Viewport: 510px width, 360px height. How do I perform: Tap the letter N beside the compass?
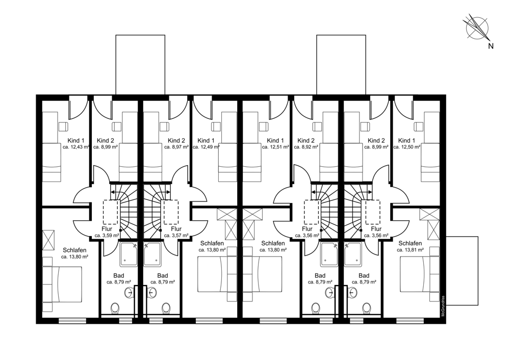point(491,46)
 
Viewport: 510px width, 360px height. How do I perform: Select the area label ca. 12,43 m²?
point(76,147)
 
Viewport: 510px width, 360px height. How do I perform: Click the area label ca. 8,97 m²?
point(176,147)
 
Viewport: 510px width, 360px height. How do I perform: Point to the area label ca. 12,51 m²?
point(275,147)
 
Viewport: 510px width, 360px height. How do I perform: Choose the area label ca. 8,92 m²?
point(305,147)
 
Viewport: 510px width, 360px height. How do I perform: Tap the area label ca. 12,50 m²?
point(407,147)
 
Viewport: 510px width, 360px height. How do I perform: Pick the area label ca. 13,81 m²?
point(410,250)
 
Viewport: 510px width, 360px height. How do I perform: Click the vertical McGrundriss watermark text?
point(443,307)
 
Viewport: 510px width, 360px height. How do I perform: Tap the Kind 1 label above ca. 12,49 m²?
point(206,141)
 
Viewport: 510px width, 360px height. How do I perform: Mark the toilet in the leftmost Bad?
point(115,308)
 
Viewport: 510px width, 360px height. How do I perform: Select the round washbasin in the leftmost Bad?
point(130,292)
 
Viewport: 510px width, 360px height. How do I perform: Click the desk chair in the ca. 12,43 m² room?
point(63,126)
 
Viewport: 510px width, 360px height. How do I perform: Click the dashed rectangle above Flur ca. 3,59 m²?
point(111,212)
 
